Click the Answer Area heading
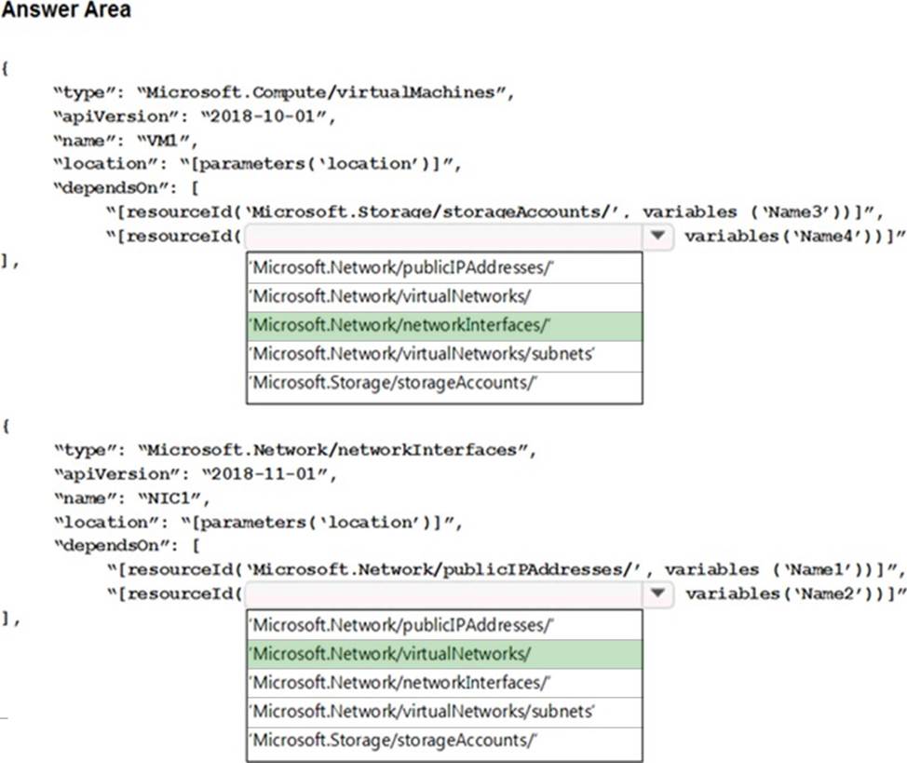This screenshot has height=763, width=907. [x=66, y=11]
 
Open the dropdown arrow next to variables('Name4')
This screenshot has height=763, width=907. [x=658, y=236]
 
